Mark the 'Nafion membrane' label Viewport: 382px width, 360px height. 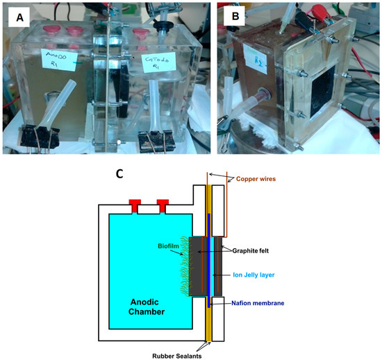click(x=262, y=302)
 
